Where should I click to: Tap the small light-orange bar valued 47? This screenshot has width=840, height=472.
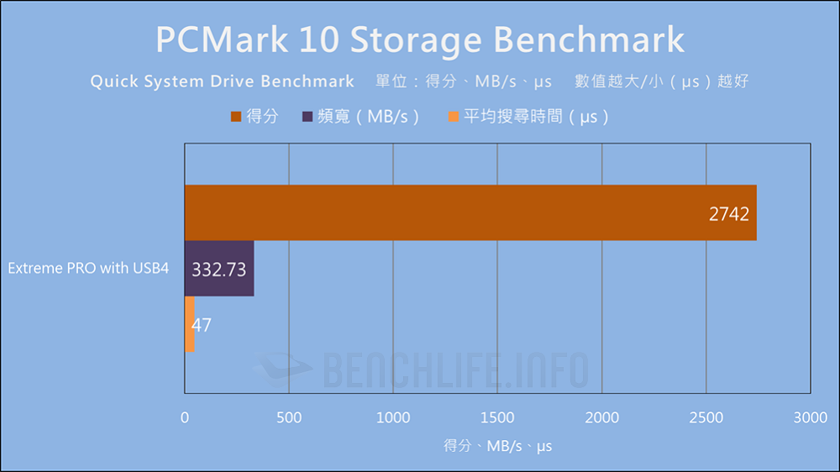click(189, 324)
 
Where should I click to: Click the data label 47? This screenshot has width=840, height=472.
click(202, 325)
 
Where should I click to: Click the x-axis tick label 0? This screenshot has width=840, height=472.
click(185, 417)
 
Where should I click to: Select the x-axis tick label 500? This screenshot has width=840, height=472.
click(289, 417)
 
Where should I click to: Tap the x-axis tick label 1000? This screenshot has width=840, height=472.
click(393, 417)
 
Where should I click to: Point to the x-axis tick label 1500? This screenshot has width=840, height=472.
click(497, 417)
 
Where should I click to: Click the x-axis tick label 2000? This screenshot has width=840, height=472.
click(601, 417)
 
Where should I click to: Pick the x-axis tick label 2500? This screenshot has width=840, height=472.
click(706, 417)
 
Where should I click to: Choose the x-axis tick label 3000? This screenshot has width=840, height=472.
click(810, 417)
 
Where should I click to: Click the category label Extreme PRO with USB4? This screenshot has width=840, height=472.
click(89, 269)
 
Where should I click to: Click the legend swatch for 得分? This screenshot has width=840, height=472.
click(235, 116)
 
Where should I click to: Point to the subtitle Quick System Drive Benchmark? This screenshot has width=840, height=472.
click(223, 81)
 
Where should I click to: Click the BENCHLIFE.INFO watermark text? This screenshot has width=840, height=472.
click(454, 369)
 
